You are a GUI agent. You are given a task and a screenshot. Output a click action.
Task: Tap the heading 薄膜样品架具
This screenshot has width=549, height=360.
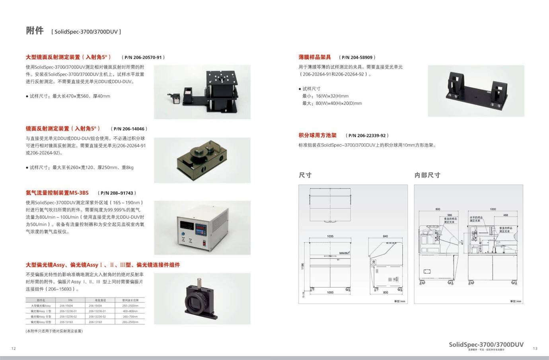click(315, 57)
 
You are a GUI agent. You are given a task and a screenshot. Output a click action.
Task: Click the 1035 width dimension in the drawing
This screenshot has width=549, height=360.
click(330, 236)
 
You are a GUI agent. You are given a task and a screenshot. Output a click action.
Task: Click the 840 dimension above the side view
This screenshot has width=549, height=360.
click(385, 236)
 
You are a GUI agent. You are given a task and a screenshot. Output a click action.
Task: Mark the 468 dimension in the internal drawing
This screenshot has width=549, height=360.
click(505, 215)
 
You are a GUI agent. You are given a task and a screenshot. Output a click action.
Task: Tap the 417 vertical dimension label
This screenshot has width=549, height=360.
click(462, 241)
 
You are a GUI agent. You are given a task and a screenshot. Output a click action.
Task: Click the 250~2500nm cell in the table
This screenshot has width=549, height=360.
click(130, 306)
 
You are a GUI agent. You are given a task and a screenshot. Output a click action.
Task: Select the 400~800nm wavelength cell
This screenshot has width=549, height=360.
click(130, 311)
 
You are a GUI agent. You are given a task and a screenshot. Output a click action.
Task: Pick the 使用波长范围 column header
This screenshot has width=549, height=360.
click(130, 300)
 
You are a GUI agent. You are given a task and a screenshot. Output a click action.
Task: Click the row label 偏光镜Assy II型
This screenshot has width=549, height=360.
click(41, 317)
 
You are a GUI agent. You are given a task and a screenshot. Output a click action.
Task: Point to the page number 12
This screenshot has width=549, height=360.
click(14, 348)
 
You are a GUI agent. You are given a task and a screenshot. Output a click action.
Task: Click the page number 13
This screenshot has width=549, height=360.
click(535, 348)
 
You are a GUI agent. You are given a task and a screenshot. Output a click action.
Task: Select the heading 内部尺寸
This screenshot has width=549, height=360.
click(427, 175)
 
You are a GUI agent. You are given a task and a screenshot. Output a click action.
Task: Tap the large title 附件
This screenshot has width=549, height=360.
click(35, 31)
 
